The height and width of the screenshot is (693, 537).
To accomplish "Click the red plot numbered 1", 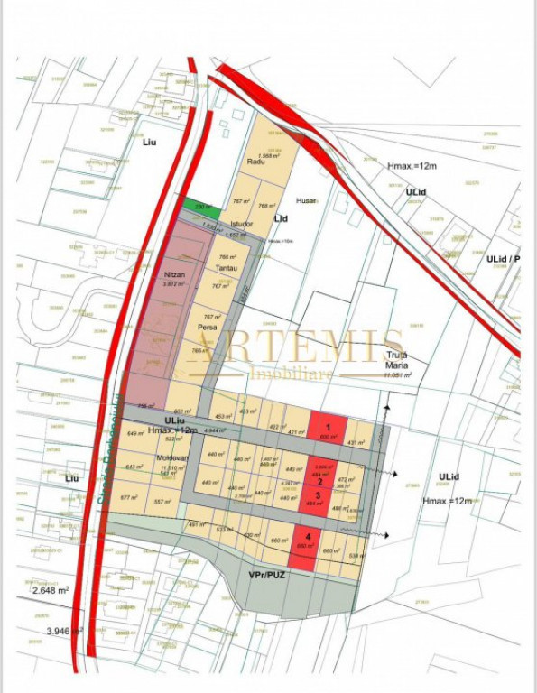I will pyautogui.click(x=329, y=427).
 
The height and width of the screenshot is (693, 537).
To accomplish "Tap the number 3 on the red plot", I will pyautogui.click(x=318, y=495).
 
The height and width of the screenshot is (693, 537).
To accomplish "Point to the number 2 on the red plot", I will pyautogui.click(x=319, y=482).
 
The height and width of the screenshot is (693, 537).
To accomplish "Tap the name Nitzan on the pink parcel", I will pyautogui.click(x=175, y=273).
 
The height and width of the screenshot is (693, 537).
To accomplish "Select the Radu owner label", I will pyautogui.click(x=255, y=162).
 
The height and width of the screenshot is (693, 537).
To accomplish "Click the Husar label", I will pyautogui.click(x=308, y=201).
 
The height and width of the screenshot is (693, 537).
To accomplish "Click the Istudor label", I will pyautogui.click(x=241, y=223).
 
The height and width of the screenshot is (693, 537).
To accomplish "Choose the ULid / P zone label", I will pyautogui.click(x=503, y=260).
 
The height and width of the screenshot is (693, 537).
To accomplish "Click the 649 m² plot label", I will pyautogui.click(x=136, y=434).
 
